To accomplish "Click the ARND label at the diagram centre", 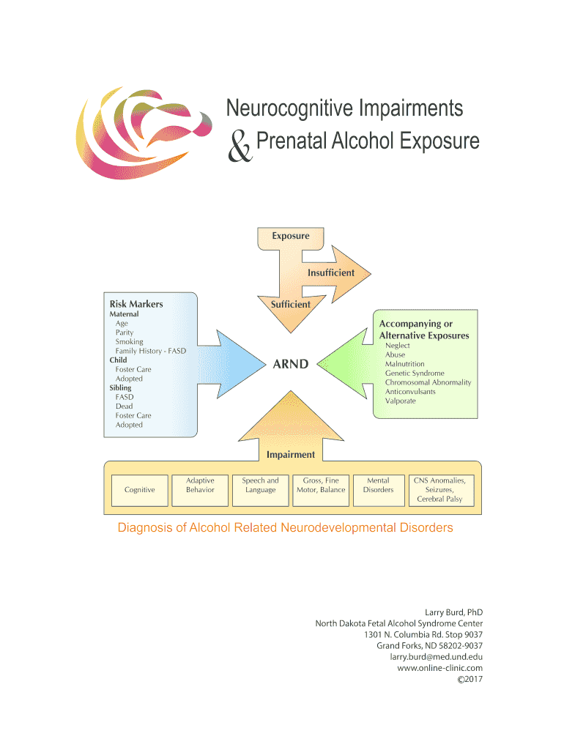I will [291, 364].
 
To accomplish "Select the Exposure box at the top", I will [291, 237].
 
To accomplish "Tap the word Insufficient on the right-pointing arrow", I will [331, 272].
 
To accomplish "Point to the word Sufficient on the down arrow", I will [291, 304].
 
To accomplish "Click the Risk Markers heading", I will [136, 304].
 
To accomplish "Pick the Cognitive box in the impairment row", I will [139, 489].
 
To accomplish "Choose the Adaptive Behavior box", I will [200, 485].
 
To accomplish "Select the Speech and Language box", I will [261, 485].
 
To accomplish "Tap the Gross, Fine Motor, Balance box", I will [320, 485].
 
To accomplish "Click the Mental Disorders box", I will [378, 485].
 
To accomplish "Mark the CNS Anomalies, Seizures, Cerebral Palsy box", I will [439, 489].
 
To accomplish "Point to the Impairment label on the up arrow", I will [291, 455].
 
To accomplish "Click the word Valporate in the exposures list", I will [401, 401].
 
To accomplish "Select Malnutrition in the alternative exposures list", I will [405, 364].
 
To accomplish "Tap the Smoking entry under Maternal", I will [130, 342].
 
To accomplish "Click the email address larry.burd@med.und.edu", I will [436, 657].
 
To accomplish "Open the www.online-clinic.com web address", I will [439, 668].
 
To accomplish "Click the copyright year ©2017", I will [470, 679].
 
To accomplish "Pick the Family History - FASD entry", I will [151, 352].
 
